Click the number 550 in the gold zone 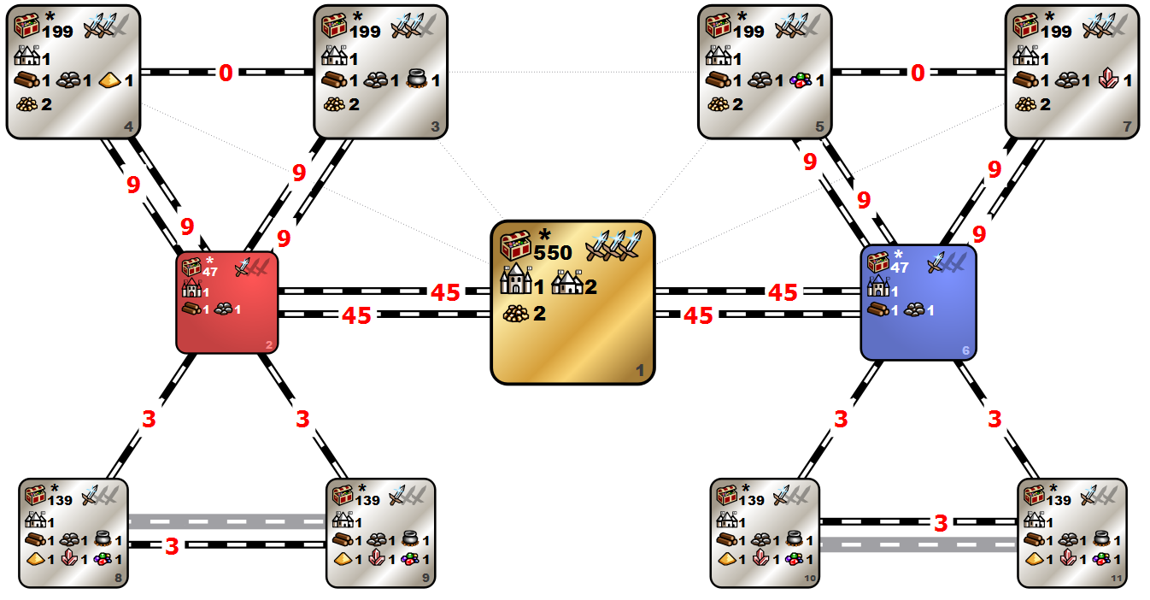(552, 253)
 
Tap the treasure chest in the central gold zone (516, 246)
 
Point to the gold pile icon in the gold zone (515, 314)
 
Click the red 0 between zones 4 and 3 (226, 74)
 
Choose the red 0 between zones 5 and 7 (917, 74)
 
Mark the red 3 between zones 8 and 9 (172, 546)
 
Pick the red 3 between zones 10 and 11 (940, 523)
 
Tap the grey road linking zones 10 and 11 (918, 544)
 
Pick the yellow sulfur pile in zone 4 (109, 82)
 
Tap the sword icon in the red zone (244, 267)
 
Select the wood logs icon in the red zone (191, 309)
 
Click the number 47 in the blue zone (899, 268)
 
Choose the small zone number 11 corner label (1116, 579)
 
